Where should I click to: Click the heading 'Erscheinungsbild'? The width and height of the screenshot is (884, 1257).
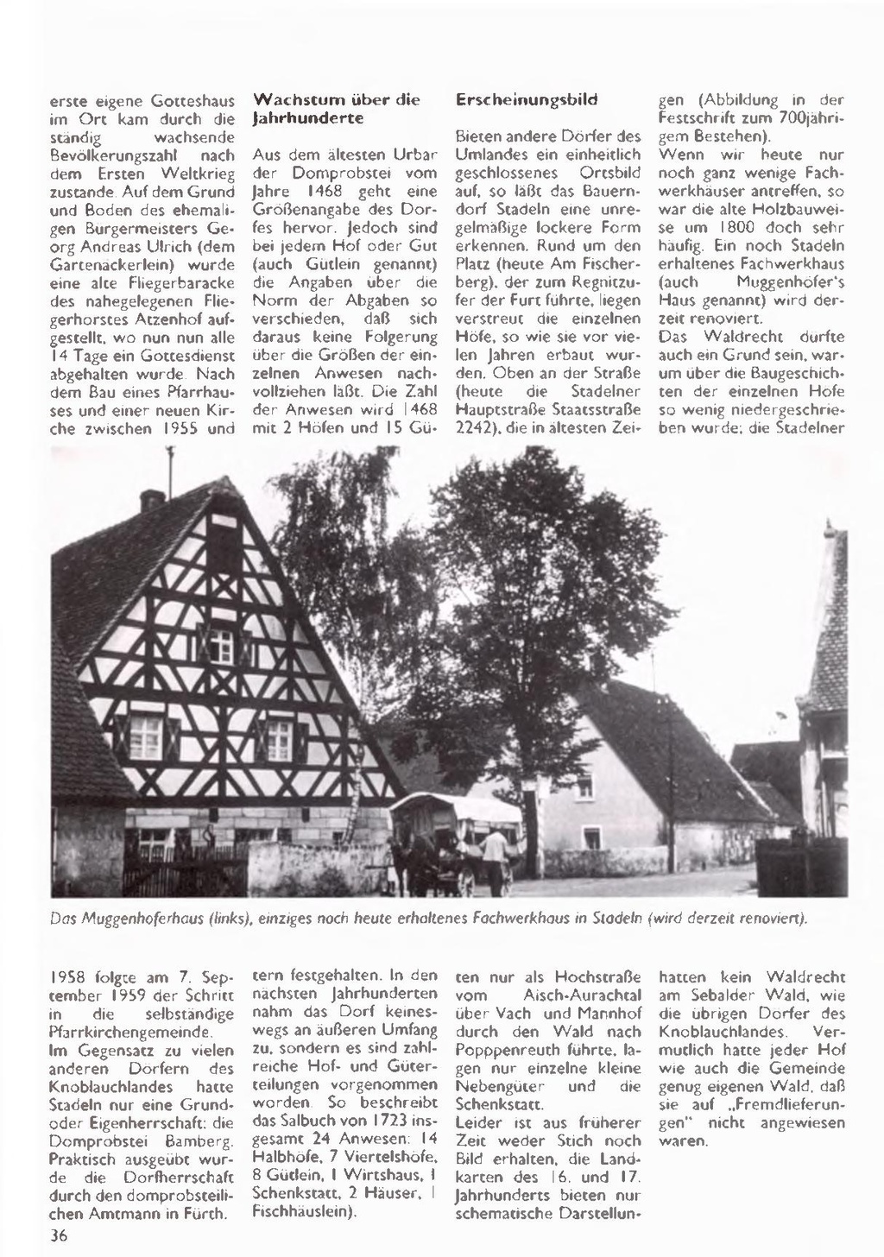526,99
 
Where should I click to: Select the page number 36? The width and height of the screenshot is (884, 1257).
59,1235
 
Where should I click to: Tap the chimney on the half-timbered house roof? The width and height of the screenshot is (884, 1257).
152,499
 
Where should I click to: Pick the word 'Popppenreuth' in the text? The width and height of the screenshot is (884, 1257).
501,1050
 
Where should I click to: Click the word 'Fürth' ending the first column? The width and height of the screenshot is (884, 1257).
210,1213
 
